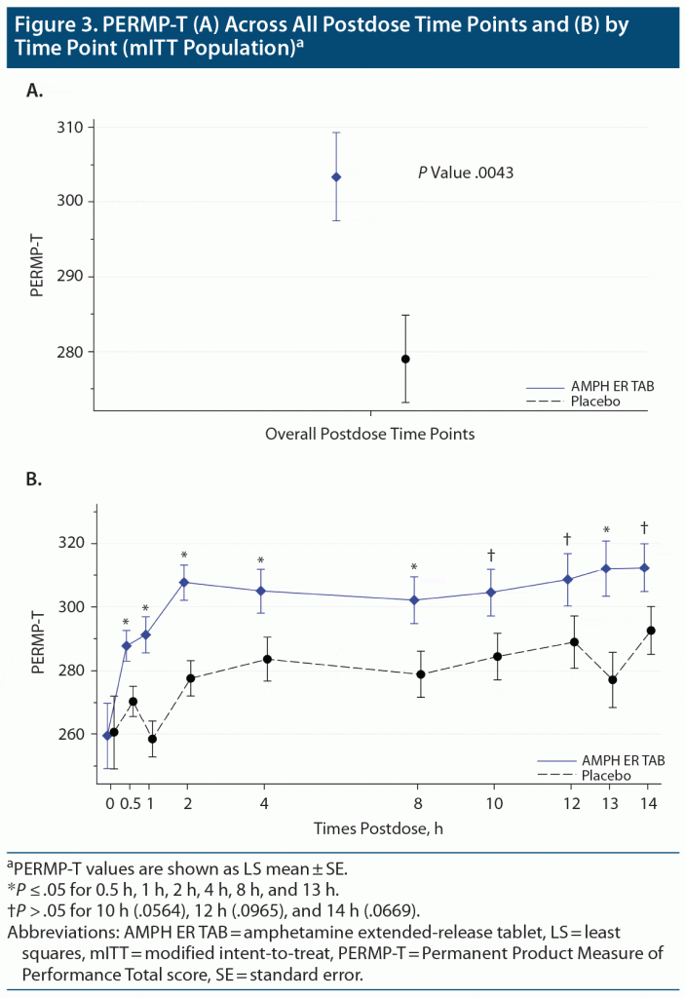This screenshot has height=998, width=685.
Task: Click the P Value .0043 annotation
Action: (466, 173)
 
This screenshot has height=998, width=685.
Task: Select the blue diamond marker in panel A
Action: (336, 176)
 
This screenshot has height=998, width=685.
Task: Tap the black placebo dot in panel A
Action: (405, 359)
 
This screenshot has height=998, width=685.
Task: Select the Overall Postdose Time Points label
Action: (370, 434)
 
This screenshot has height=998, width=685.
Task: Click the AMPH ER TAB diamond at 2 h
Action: (184, 582)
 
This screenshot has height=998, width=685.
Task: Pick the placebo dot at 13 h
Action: (613, 679)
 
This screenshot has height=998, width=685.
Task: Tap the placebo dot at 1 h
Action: (153, 739)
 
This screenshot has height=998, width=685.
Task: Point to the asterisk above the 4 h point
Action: (261, 560)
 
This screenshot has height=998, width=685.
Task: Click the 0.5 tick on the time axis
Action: (128, 802)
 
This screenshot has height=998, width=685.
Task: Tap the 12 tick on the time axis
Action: (572, 802)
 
